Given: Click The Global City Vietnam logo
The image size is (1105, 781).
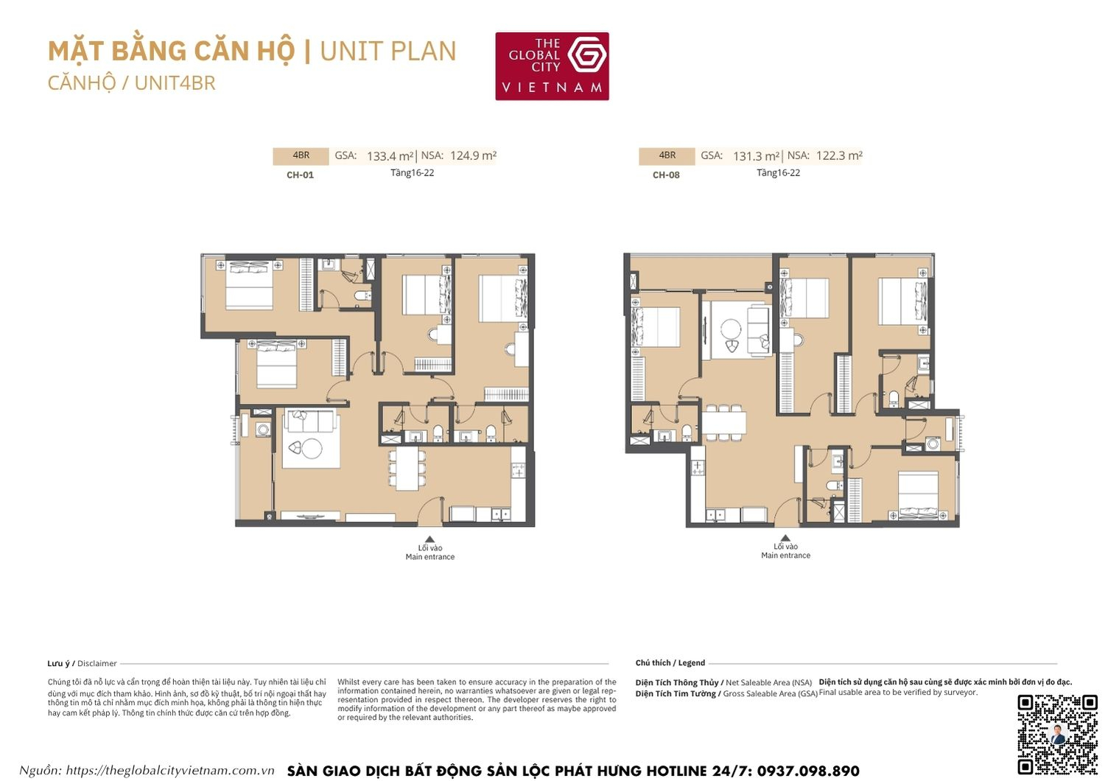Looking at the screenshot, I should (x=552, y=66).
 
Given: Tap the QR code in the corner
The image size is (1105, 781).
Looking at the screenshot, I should (x=1057, y=734).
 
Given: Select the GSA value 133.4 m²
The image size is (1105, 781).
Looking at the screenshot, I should (x=390, y=156).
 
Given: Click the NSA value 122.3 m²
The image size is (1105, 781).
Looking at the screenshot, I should (x=839, y=155).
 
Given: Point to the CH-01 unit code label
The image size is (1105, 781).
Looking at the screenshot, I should (x=300, y=175).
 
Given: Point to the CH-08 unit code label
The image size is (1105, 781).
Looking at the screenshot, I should (x=666, y=175).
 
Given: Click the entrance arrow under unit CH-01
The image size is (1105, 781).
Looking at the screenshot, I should (x=429, y=539).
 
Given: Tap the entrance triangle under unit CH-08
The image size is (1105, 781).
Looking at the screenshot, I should (x=785, y=538).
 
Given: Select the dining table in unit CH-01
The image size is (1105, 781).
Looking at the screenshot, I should (x=407, y=469).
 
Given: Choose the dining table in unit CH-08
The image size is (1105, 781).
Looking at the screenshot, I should (x=723, y=423).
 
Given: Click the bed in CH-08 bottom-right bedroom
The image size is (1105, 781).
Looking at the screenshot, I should (x=918, y=496).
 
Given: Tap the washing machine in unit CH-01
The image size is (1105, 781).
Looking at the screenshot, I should (x=263, y=430).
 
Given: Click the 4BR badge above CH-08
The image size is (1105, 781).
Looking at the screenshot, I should (x=667, y=155).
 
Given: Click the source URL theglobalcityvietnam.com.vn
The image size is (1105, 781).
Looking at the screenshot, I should (x=169, y=771).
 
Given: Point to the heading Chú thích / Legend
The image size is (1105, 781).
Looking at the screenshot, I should (x=670, y=663).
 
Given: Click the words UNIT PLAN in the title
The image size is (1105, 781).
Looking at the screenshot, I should (x=388, y=52).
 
